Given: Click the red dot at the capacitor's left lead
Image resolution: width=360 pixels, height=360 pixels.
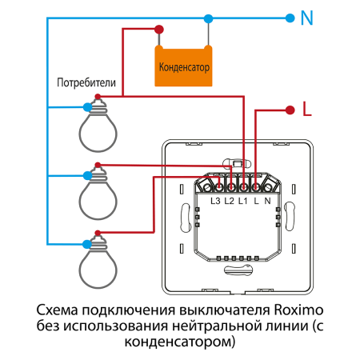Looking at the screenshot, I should click(x=160, y=30).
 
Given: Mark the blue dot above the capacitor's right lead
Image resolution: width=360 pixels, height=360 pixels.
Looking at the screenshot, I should click(x=209, y=17).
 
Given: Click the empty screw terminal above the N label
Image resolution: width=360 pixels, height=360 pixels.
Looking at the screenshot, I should click(x=269, y=186).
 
